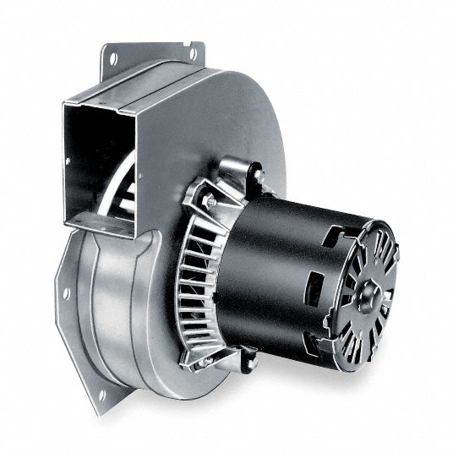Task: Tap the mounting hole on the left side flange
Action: click(x=67, y=293)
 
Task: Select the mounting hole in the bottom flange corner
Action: click(x=101, y=394)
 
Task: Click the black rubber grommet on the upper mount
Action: click(x=255, y=176)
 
